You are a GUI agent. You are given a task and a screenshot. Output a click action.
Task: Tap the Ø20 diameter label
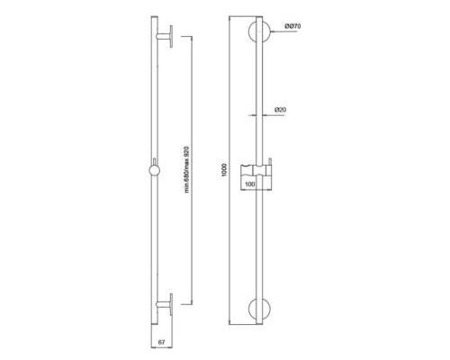tap(281, 110)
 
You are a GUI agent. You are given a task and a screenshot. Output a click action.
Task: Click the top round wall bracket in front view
tap(259, 33)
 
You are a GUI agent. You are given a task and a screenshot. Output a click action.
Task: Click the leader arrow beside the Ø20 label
tap(271, 115)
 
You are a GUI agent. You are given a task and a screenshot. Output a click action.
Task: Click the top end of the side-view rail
tap(148, 19)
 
